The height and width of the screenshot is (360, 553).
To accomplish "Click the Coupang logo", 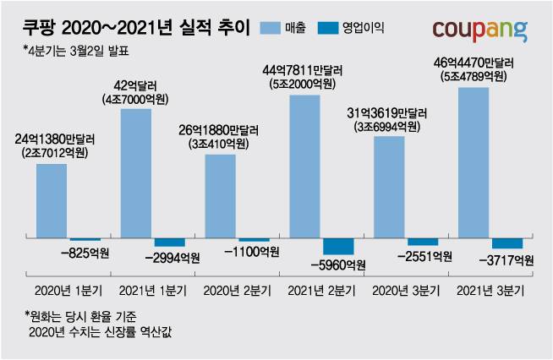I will pyautogui.click(x=479, y=30).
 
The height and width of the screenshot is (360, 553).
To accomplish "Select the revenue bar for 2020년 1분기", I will pyautogui.click(x=52, y=200).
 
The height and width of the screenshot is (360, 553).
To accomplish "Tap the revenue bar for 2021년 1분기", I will pyautogui.click(x=136, y=173).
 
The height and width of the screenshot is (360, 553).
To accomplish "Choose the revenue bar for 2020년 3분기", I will pyautogui.click(x=389, y=187).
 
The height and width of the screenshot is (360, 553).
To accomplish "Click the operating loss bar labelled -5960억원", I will pyautogui.click(x=338, y=247).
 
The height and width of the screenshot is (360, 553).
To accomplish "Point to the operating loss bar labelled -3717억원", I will pyautogui.click(x=506, y=243).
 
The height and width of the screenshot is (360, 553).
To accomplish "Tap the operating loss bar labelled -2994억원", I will pyautogui.click(x=169, y=243).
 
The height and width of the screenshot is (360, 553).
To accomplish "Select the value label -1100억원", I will pyautogui.click(x=249, y=252).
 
